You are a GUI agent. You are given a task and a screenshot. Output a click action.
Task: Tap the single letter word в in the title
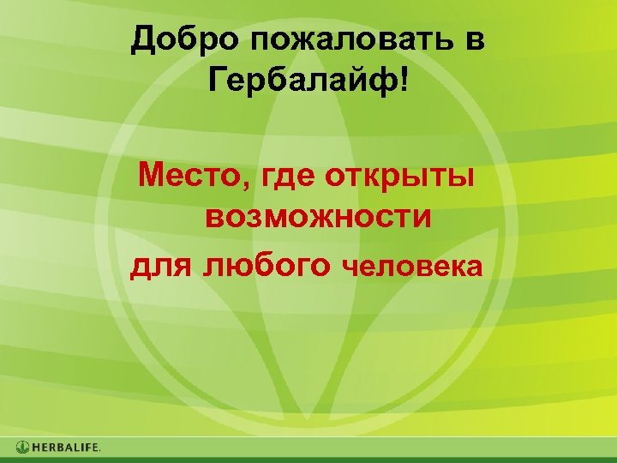click(x=476, y=41)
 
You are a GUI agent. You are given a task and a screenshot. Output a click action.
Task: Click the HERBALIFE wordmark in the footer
click(x=67, y=447)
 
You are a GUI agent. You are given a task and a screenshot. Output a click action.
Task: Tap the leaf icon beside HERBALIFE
click(x=23, y=447)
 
